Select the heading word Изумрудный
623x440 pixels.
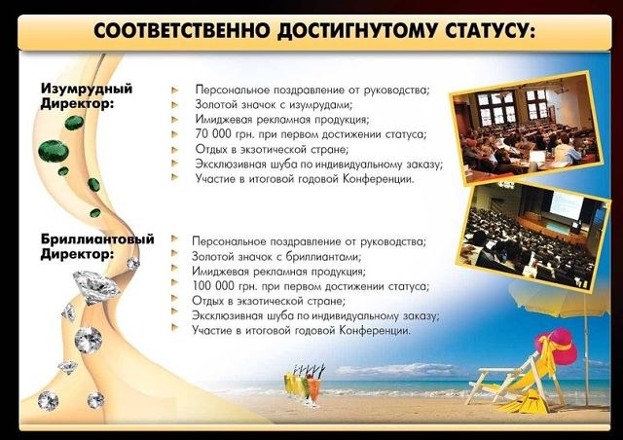click(87, 89)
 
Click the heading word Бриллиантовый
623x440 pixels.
click(97, 239)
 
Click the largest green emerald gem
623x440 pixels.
click(54, 152)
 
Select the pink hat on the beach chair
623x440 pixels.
click(558, 346)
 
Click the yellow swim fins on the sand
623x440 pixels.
click(520, 402)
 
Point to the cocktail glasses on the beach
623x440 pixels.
click(305, 385)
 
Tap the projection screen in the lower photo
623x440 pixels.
click(566, 207)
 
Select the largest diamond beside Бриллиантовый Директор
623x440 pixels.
click(96, 286)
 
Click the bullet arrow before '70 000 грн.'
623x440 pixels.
click(175, 134)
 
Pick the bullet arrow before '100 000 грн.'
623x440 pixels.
click(174, 283)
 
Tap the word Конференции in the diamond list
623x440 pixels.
click(375, 330)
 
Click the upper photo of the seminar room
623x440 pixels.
click(526, 128)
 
